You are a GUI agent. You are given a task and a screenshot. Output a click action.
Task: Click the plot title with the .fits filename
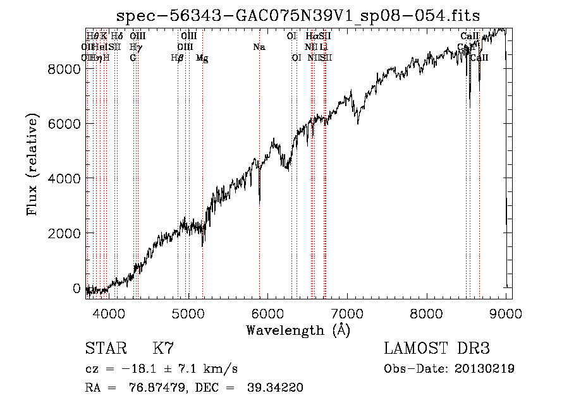298,17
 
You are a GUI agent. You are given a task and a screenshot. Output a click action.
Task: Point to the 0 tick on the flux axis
76,288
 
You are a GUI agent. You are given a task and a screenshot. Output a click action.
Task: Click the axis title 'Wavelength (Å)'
298,330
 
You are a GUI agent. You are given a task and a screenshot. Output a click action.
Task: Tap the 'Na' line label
259,47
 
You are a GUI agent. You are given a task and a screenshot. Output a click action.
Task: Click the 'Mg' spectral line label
202,57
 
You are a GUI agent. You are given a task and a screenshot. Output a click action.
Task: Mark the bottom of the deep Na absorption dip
260,203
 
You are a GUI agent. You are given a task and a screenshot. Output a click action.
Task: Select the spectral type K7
162,349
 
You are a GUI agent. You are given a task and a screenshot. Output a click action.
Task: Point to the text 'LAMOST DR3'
437,349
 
